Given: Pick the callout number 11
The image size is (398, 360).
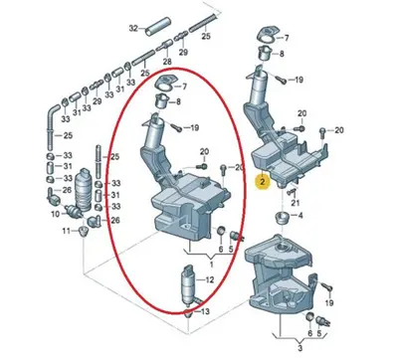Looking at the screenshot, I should pos(57,231).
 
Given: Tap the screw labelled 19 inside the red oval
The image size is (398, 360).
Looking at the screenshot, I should pos(174,125).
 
